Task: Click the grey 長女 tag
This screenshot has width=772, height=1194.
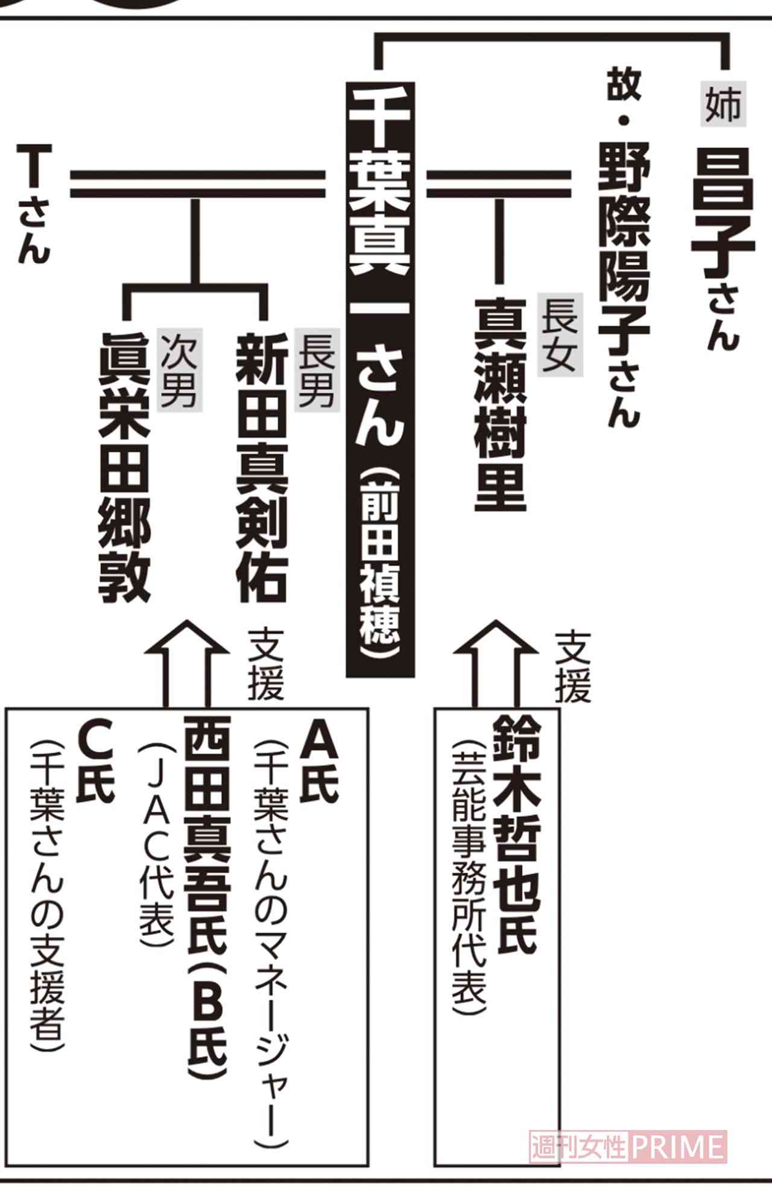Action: tap(560, 335)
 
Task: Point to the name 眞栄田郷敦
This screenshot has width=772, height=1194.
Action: tap(124, 467)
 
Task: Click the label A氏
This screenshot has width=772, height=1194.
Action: tap(320, 763)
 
